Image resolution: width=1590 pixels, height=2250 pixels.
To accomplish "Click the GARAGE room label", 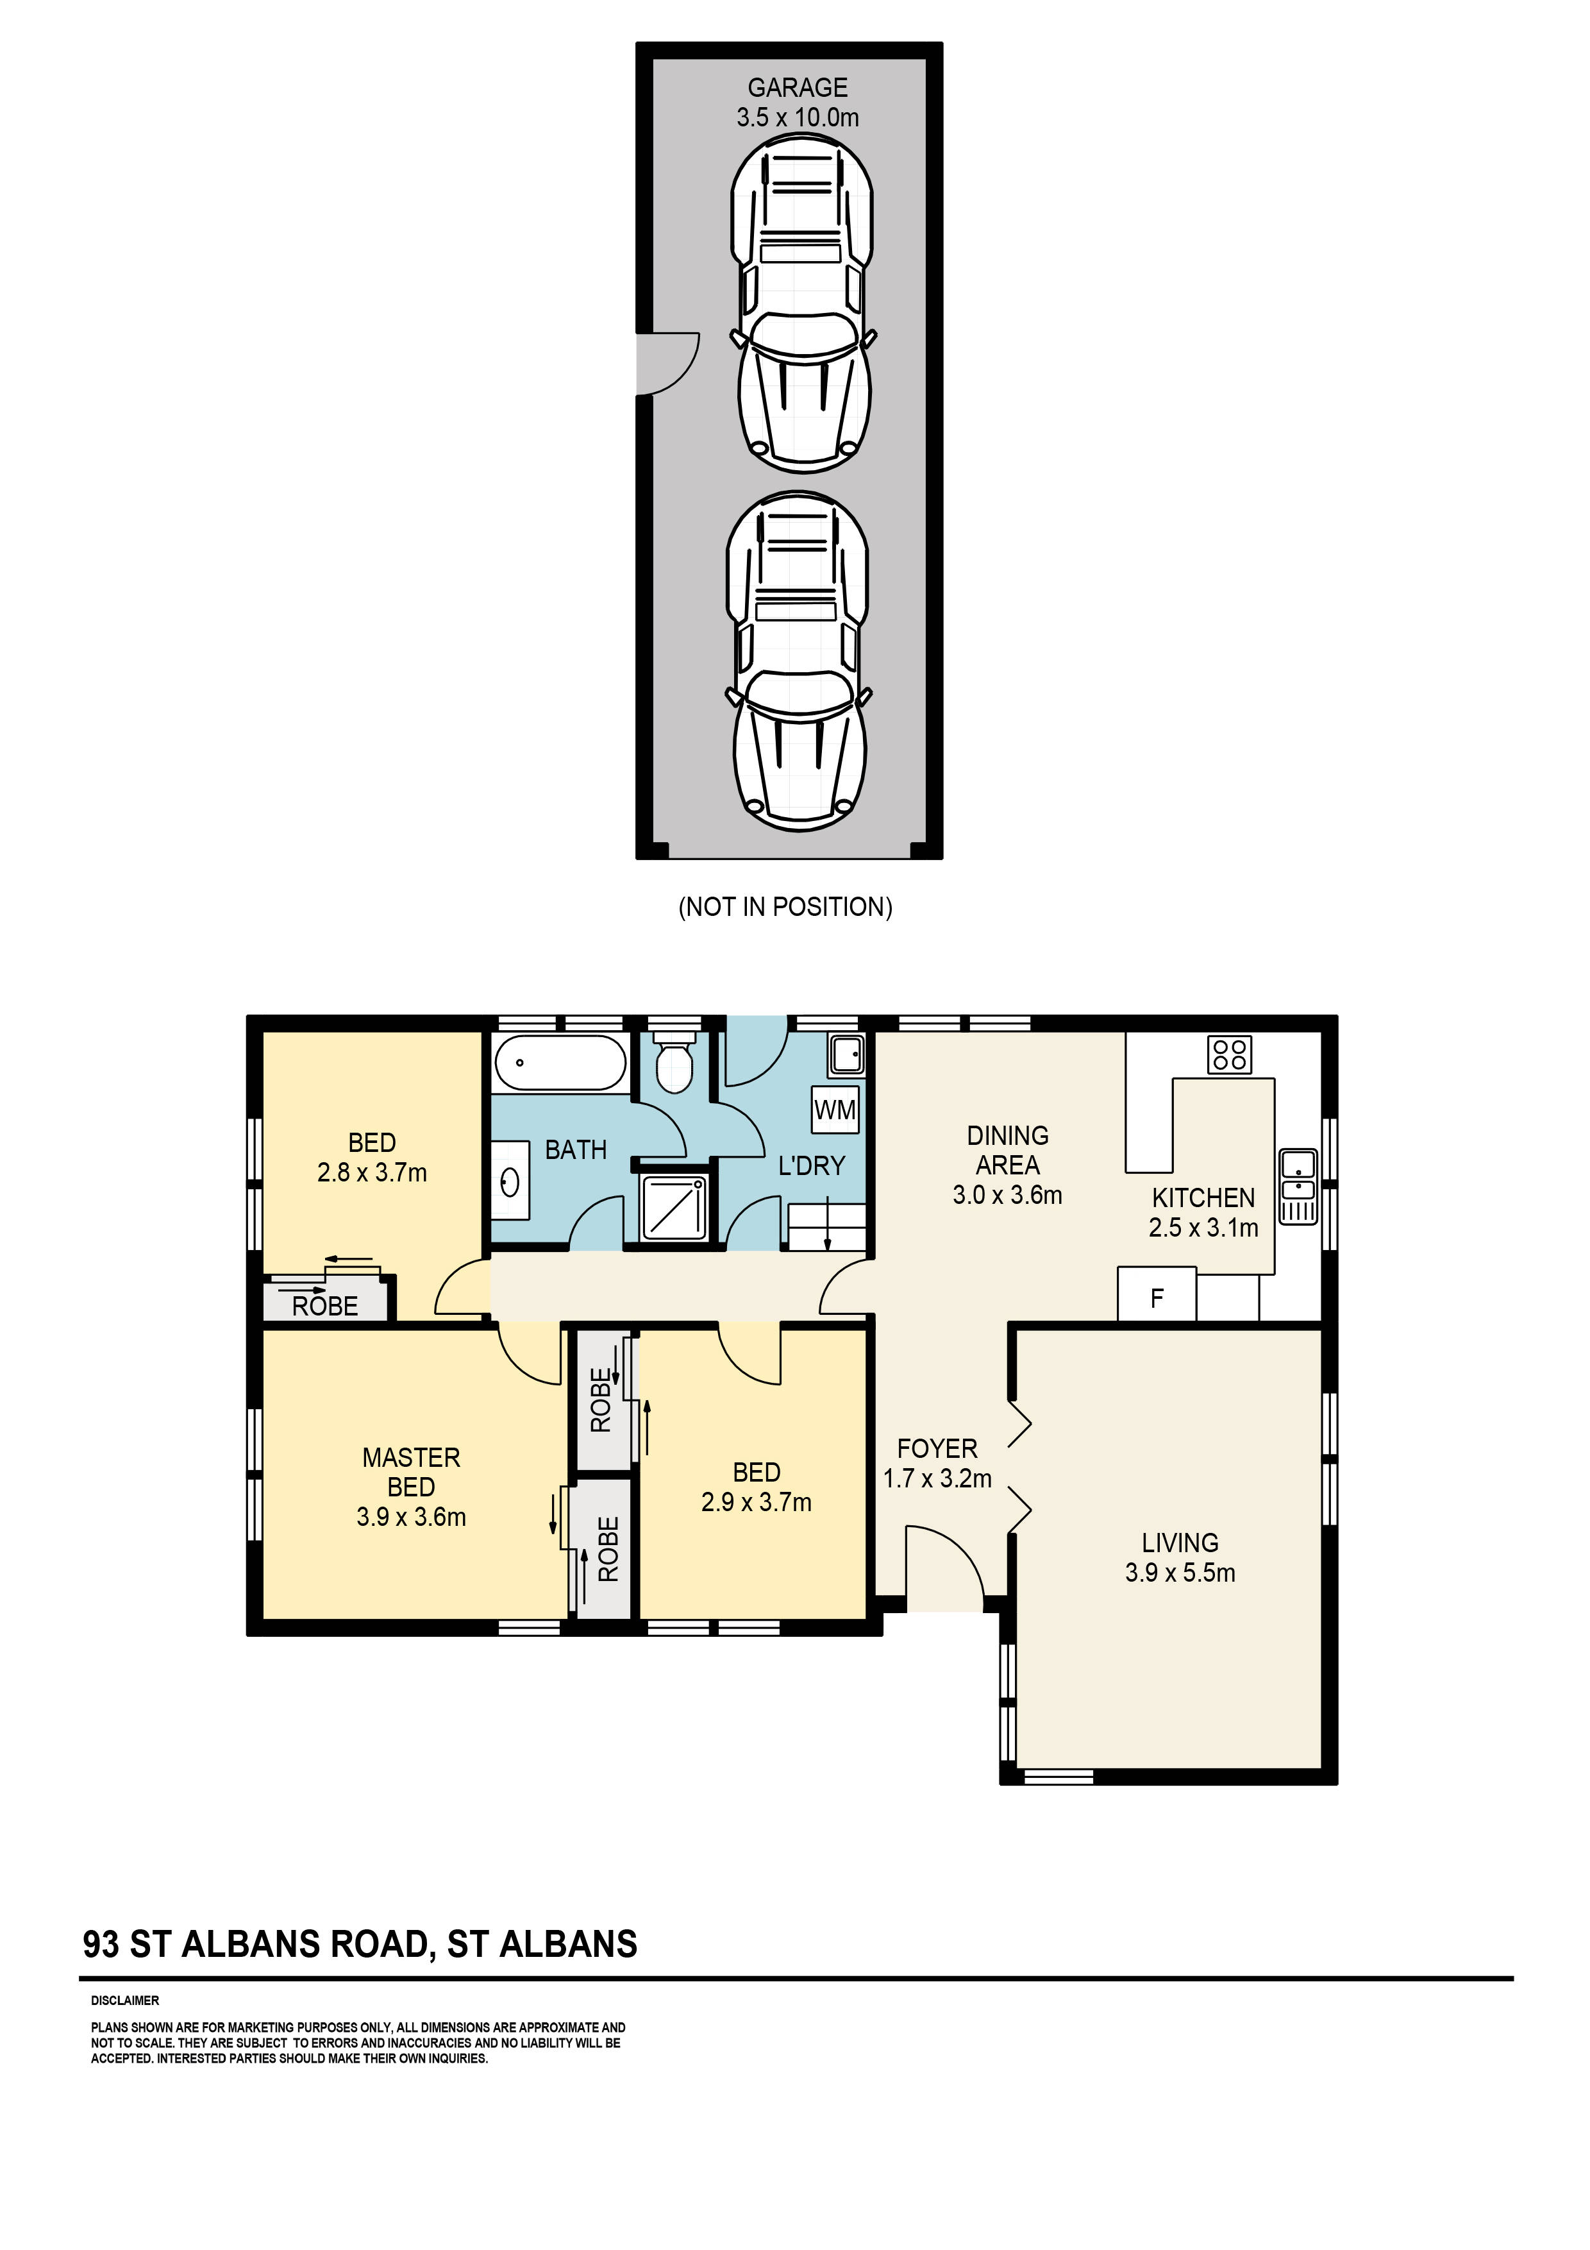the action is tap(798, 89).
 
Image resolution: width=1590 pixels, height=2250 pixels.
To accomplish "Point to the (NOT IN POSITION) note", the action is tap(785, 908).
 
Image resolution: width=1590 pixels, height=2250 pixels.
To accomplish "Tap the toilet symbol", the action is tap(674, 1062).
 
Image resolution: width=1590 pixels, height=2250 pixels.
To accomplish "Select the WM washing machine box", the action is tap(835, 1110).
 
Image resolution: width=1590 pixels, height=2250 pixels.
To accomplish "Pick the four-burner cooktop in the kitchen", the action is tap(1230, 1054).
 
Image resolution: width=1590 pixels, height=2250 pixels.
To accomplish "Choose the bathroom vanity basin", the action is tap(510, 1182).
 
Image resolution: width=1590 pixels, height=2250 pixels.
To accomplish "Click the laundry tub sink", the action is tap(846, 1054).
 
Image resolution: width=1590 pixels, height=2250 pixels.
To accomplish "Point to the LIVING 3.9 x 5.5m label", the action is tap(1180, 1558).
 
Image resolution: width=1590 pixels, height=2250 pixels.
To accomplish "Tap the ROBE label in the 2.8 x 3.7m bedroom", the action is tap(325, 1307).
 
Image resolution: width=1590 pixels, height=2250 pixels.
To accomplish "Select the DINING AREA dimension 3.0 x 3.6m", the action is tap(1008, 1194).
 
